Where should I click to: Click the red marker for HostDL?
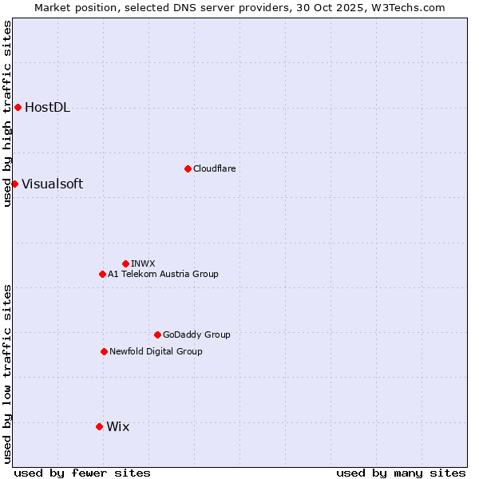point(18,107)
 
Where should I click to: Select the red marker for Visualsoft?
point(14,184)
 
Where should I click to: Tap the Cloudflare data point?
point(188,168)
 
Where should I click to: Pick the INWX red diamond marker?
point(125,263)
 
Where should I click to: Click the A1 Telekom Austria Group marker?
point(102,274)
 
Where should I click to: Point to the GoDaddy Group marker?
point(157,335)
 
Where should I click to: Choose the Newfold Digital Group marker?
point(104,351)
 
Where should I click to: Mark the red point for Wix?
point(99,426)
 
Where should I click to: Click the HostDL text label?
point(47,108)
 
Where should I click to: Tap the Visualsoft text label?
point(52,184)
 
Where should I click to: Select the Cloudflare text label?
point(214,169)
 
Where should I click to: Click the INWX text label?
point(143,263)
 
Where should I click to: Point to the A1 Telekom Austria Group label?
point(163,275)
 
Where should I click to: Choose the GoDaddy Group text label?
point(196,335)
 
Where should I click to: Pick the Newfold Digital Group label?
point(156,352)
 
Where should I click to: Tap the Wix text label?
point(117,427)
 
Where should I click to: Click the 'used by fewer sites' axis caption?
point(82,473)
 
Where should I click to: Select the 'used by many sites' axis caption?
point(401,473)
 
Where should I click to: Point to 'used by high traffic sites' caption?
point(7,113)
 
